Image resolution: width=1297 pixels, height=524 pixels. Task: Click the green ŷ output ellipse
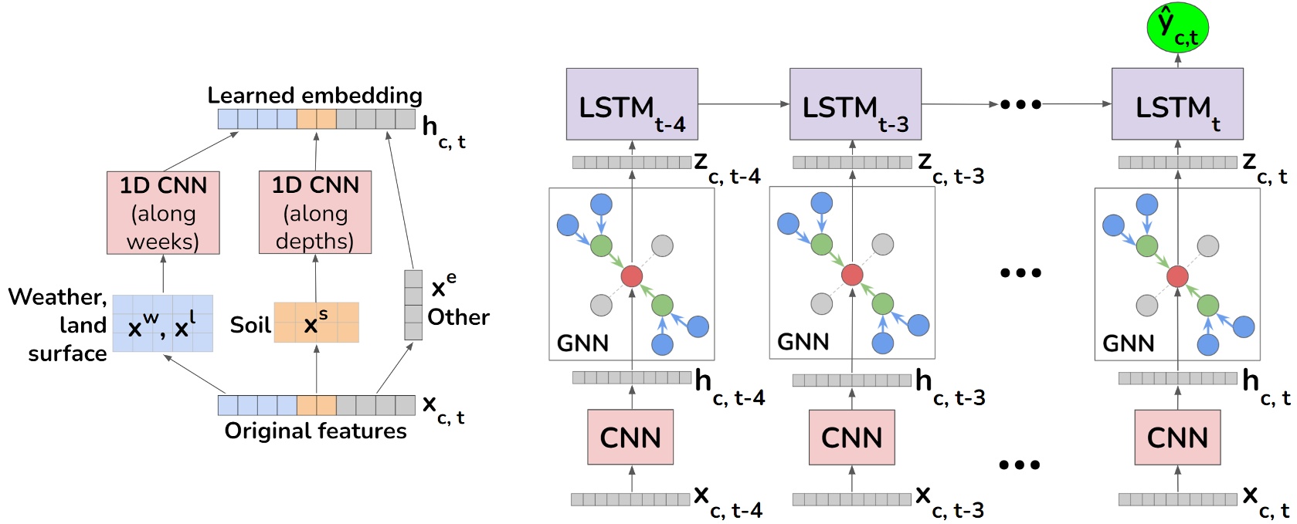coord(1177,28)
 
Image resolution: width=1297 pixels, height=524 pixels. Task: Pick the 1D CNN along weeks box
coord(163,213)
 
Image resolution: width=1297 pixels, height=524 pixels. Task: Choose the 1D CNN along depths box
coord(315,213)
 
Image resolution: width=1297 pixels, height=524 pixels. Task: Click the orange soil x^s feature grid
coord(316,323)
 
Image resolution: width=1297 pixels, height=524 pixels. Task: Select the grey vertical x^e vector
coord(413,305)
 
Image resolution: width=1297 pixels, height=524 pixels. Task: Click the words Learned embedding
coord(315,96)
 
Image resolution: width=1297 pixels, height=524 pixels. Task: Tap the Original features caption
coord(315,431)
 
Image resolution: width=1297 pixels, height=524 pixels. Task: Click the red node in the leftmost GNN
coord(632,276)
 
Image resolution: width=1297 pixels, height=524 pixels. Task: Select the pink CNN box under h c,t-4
coord(630,438)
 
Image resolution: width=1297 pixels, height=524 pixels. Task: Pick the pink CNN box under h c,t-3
coord(851,438)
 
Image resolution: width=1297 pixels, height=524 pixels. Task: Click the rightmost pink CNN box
coord(1177,438)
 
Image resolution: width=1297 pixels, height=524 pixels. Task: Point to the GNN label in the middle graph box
coord(803,342)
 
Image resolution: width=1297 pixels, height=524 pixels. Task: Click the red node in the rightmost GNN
coord(1177,276)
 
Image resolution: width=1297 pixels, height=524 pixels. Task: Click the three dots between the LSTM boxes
coord(1020,104)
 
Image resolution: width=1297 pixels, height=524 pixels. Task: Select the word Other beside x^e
coord(458,317)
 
